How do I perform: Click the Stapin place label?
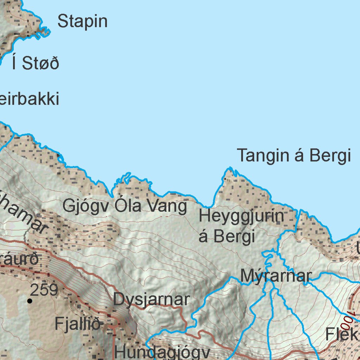82,21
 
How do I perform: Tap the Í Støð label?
35,63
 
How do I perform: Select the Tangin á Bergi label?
294,156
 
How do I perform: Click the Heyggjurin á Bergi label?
241,226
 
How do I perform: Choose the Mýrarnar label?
276,276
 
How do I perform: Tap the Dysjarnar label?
152,300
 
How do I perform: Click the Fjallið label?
78,324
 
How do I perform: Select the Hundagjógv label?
162,352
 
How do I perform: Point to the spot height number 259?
44,290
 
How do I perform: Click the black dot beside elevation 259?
30,301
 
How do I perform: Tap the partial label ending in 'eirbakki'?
29,99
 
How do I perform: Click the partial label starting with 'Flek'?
342,334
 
